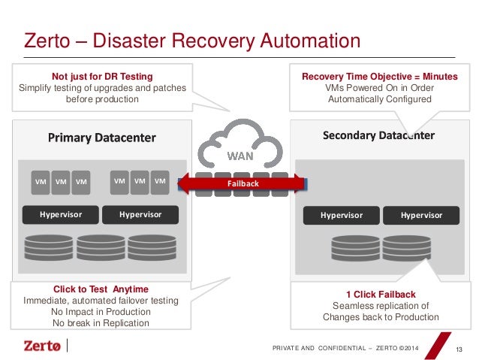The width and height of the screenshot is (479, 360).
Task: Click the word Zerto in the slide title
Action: tap(47, 41)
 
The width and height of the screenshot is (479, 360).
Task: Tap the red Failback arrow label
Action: tap(243, 183)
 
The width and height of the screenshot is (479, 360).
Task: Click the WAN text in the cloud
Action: tap(240, 156)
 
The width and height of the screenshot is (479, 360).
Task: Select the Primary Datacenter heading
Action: tap(101, 138)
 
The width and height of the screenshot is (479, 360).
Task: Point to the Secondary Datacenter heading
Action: tap(378, 135)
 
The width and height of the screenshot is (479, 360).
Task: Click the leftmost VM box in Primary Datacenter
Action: tap(41, 183)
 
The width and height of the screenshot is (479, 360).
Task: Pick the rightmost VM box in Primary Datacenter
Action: tap(160, 183)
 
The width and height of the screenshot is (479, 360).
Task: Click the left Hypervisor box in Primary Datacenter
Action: tap(61, 215)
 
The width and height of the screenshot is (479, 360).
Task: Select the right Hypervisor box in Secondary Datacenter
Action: tap(421, 216)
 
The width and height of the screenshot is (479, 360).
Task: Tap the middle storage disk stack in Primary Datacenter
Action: tap(101, 248)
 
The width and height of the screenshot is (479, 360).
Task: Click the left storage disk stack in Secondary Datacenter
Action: tap(356, 248)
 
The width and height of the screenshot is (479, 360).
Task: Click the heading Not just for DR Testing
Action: tap(102, 76)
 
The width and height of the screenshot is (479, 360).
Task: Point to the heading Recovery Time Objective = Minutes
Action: tap(380, 76)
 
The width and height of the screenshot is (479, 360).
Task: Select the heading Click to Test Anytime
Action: tap(101, 289)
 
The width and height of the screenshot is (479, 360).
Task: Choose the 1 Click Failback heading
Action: tap(381, 295)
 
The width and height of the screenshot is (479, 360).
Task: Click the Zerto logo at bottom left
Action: tap(42, 346)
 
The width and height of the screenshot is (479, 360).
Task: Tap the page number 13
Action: tap(459, 349)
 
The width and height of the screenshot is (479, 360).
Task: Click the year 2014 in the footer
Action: tap(411, 348)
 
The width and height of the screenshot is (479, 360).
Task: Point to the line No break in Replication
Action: tap(101, 323)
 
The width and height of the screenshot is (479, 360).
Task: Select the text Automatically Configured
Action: tap(380, 99)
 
